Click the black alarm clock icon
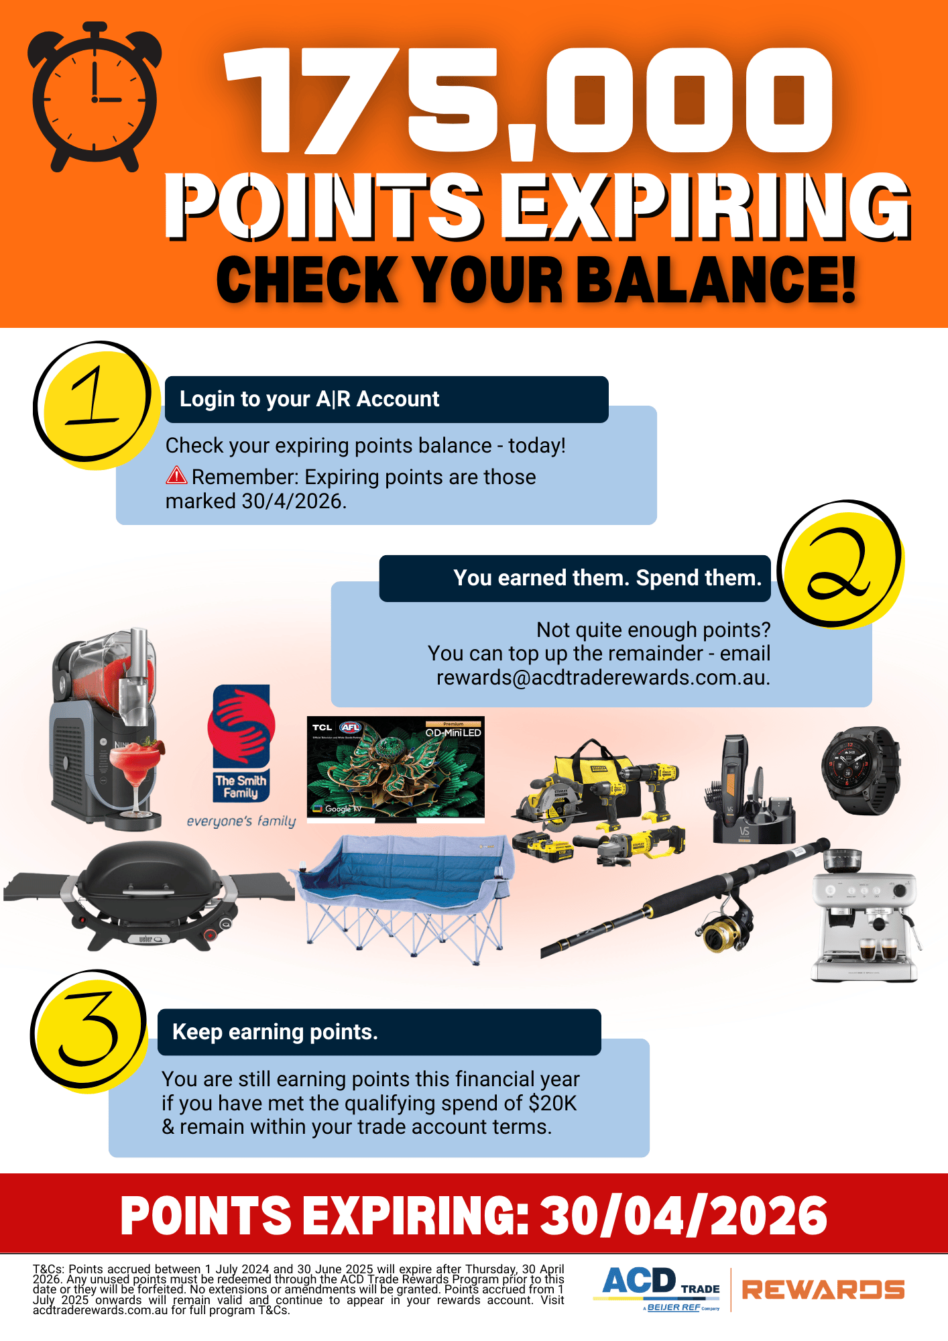coord(95,97)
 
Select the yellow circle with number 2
coord(841,564)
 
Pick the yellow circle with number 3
coord(88,1030)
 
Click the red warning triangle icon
coord(176,475)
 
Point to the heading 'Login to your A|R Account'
coord(309,399)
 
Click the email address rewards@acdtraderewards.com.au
coord(603,677)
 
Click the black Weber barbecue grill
coord(149,895)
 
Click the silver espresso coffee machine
coord(865,916)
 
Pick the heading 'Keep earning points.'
coord(275,1032)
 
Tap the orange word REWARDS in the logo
coord(823,1289)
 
